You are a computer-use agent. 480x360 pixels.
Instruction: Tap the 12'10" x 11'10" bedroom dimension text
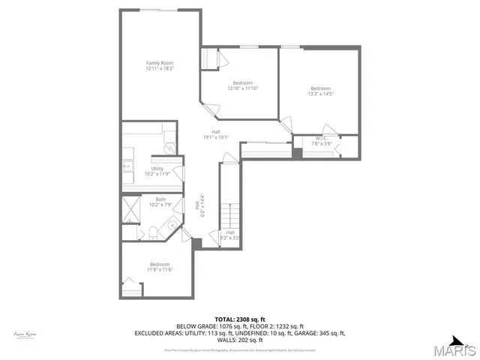click(x=242, y=88)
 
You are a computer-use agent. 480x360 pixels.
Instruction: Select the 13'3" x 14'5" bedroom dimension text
click(x=320, y=94)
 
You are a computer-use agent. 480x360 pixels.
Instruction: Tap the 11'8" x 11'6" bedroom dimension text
click(x=160, y=270)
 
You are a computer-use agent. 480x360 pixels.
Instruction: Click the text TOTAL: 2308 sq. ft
click(x=239, y=319)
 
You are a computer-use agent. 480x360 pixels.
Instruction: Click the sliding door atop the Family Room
click(x=159, y=10)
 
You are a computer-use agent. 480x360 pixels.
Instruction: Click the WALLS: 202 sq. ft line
click(x=239, y=339)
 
